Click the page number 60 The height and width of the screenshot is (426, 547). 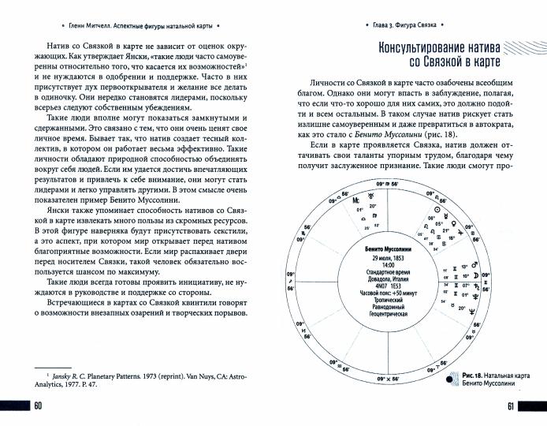pyautogui.click(x=37, y=405)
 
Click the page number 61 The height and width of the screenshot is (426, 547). pyautogui.click(x=509, y=405)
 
